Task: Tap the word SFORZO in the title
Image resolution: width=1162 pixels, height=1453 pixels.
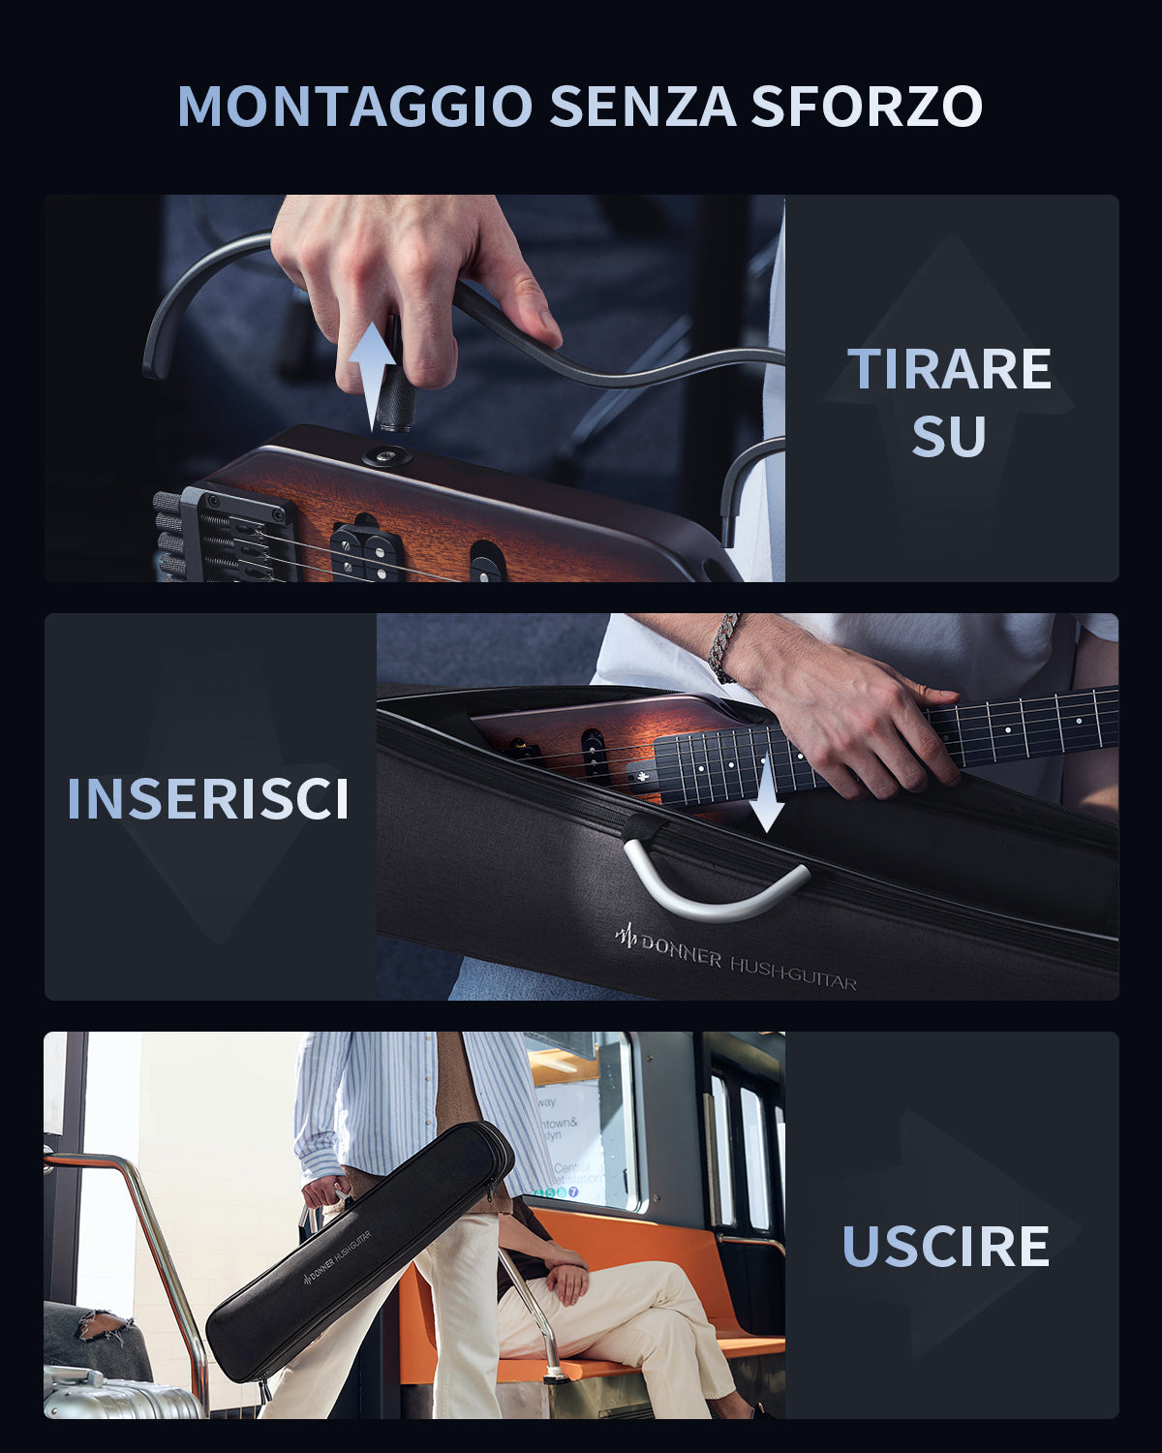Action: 867,107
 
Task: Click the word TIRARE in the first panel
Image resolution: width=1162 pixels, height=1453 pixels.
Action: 949,369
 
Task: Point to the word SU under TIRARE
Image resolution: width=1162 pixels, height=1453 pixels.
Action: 949,437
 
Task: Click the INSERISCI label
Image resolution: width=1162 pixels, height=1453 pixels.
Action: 208,799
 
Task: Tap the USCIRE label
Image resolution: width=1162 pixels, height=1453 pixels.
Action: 946,1247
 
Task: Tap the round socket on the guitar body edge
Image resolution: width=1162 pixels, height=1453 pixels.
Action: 387,456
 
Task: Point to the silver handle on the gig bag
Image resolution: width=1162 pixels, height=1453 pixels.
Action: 716,886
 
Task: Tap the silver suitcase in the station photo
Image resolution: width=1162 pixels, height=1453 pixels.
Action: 116,1395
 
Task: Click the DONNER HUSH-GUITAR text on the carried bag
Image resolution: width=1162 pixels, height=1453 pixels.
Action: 343,1258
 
